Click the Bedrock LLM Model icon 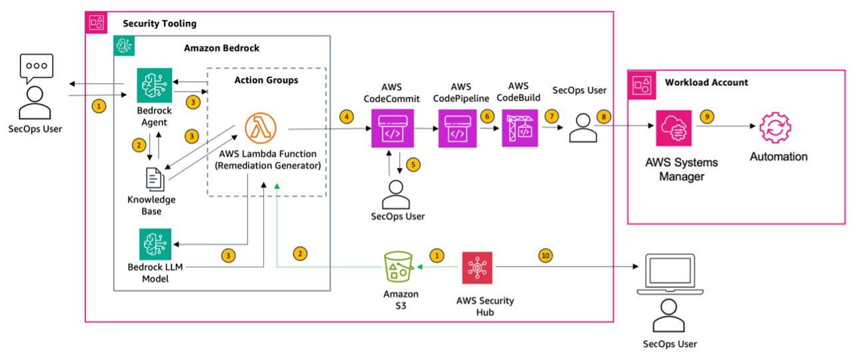pyautogui.click(x=154, y=245)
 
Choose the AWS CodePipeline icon pyautogui.click(x=456, y=129)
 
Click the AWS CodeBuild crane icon pyautogui.click(x=519, y=129)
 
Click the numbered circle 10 pyautogui.click(x=546, y=255)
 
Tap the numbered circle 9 pyautogui.click(x=706, y=116)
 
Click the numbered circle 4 pyautogui.click(x=346, y=117)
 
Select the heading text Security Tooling pyautogui.click(x=159, y=23)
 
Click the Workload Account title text pyautogui.click(x=706, y=83)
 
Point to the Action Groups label pyautogui.click(x=266, y=80)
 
